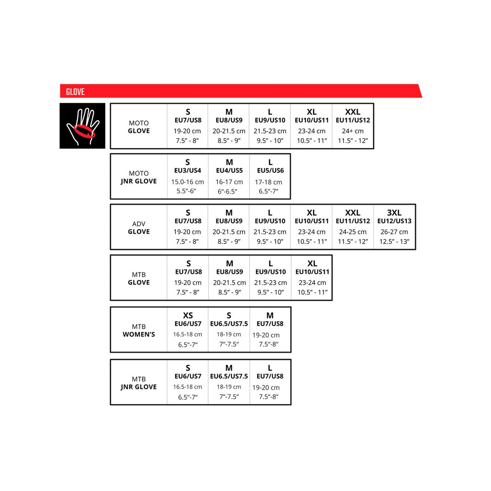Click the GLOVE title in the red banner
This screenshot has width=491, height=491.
(x=75, y=92)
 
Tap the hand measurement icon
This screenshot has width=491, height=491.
(x=82, y=126)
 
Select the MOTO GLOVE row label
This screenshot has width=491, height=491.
(x=139, y=127)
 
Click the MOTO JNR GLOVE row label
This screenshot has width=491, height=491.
(x=139, y=177)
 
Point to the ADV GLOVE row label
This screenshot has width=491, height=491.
(x=139, y=227)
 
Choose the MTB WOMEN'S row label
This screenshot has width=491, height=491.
(x=139, y=330)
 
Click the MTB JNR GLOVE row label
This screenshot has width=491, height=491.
(x=139, y=383)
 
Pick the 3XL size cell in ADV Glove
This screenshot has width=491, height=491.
(x=394, y=227)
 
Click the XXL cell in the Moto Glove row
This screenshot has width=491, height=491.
(x=353, y=126)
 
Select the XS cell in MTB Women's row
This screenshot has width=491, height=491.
(x=188, y=330)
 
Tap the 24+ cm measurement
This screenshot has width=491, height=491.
(x=353, y=131)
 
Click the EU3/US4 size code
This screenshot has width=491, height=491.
(x=188, y=171)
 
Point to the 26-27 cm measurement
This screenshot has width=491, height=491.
(x=394, y=232)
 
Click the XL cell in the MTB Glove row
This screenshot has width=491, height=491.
(x=312, y=278)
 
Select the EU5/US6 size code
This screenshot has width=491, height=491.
(x=270, y=171)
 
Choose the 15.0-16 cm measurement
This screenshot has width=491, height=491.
(x=188, y=182)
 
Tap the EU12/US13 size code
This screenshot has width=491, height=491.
(x=394, y=221)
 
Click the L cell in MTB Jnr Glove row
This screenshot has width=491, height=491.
(x=270, y=382)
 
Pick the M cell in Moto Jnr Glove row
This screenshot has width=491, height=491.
(x=229, y=176)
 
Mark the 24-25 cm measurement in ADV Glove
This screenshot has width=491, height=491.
(x=353, y=232)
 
